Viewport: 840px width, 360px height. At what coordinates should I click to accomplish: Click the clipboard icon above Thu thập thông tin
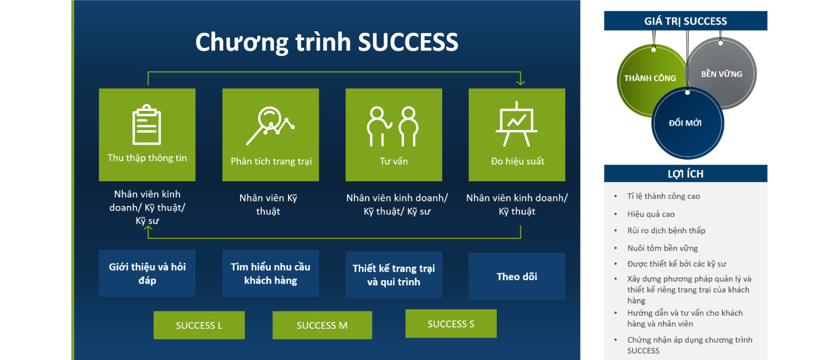click(x=147, y=124)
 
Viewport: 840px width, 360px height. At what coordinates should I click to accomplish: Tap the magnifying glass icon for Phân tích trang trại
click(x=270, y=126)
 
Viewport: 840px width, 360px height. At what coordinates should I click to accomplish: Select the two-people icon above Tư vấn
click(x=392, y=126)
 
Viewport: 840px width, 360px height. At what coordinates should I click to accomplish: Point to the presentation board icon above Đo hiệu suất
click(x=516, y=124)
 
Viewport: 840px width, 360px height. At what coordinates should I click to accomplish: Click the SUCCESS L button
click(x=199, y=325)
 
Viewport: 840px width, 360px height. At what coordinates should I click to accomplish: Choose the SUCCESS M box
click(x=322, y=325)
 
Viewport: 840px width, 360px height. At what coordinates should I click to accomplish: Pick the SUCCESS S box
click(x=451, y=323)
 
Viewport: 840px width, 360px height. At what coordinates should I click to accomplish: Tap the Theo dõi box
click(x=517, y=276)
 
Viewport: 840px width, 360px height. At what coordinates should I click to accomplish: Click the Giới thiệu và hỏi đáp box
click(x=147, y=273)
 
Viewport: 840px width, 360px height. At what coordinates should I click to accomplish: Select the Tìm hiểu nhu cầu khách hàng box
click(x=270, y=273)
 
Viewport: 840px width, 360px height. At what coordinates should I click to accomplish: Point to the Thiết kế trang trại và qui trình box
click(x=393, y=275)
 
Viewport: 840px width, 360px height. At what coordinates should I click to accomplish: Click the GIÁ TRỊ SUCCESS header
click(x=685, y=21)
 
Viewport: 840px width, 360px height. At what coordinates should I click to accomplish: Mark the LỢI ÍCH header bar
click(x=685, y=174)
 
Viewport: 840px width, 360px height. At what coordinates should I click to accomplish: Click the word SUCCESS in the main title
click(x=408, y=42)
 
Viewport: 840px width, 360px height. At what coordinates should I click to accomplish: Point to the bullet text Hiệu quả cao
click(x=651, y=214)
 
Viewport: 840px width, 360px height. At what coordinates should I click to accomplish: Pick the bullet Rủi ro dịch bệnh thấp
click(x=666, y=231)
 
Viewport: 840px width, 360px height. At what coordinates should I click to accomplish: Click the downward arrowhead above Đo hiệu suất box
click(x=521, y=81)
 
